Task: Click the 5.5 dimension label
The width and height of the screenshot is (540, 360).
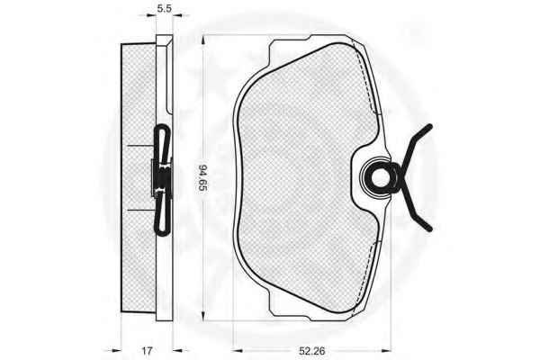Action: point(165,8)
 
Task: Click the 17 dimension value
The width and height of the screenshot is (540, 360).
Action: point(147,351)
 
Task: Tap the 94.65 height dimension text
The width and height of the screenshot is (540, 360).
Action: point(202,178)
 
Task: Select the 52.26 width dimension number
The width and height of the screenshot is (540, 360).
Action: point(311,351)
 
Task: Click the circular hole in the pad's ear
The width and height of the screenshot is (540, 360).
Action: point(380,178)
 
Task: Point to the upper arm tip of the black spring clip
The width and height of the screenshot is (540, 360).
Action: point(429,127)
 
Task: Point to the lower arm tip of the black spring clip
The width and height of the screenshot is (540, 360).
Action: point(429,229)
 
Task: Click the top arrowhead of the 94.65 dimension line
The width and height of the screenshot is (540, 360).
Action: point(203,39)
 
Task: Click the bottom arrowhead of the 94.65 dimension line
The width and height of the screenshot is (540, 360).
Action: point(203,317)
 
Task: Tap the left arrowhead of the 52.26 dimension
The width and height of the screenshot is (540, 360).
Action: point(238,351)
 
